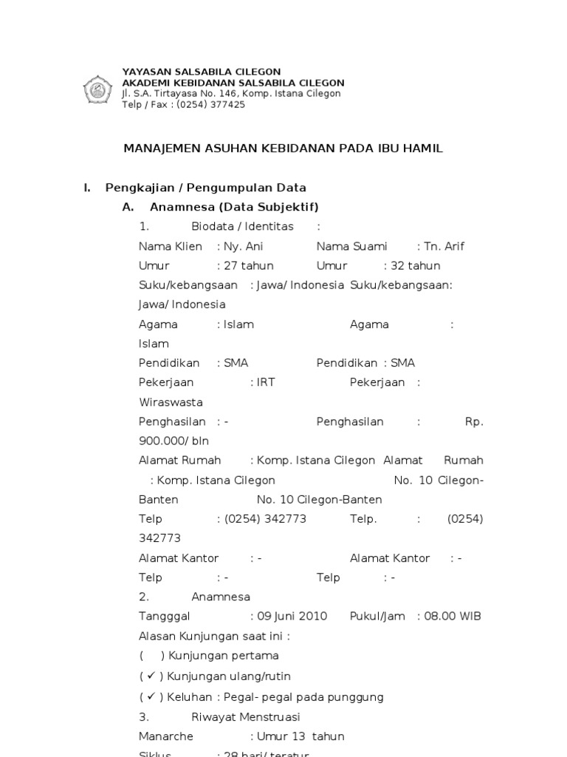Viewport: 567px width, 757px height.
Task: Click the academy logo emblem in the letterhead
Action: (x=97, y=89)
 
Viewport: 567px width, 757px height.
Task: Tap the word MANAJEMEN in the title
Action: (x=158, y=149)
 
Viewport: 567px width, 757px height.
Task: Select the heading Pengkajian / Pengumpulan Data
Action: (x=205, y=188)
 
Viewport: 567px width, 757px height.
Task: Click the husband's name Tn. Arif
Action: (x=444, y=246)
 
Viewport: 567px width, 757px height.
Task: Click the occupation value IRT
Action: (x=266, y=382)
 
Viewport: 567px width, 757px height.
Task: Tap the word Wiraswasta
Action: (x=171, y=402)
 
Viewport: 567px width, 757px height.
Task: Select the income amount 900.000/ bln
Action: (x=174, y=441)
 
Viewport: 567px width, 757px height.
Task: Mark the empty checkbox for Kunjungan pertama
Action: (x=151, y=655)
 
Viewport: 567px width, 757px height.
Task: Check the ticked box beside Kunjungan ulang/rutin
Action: (x=151, y=676)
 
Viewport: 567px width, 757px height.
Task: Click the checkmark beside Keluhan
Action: (x=151, y=696)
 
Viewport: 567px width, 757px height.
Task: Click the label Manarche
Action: (x=166, y=736)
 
